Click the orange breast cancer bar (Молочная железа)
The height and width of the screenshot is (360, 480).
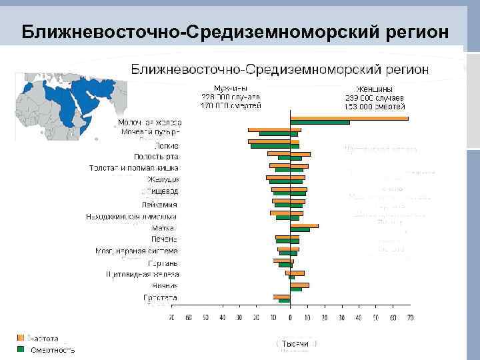pos(349,118)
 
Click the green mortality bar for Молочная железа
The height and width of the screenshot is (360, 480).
pos(319,123)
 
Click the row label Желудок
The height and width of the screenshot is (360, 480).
pos(163,179)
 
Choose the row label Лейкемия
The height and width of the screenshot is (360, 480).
pos(159,204)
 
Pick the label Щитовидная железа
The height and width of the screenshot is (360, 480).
pos(142,274)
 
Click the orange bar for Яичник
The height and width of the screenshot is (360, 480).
pos(299,285)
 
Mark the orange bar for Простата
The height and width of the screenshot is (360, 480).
pos(281,296)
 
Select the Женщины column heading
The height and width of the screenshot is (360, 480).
pos(374,89)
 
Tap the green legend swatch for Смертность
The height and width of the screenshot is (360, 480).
pos(21,349)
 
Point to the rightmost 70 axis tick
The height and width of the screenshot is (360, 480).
pos(410,318)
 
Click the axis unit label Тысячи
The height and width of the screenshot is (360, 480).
pos(296,343)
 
